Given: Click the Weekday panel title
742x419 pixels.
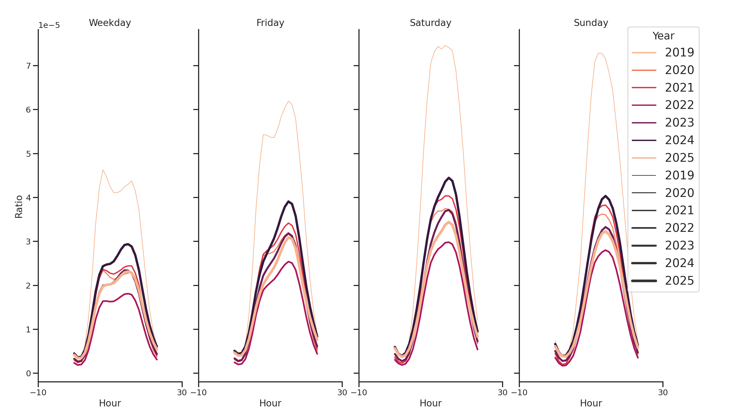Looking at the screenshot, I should coord(110,23).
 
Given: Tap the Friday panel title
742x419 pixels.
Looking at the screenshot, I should coord(270,23).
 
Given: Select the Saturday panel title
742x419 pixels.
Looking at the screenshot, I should coord(430,23).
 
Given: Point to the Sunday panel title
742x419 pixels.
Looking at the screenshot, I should coord(591,23).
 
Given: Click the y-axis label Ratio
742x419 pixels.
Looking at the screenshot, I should coord(19,206).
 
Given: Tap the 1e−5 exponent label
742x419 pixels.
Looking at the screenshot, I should coord(49,25).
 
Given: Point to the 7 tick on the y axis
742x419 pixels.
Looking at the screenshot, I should coord(28,66).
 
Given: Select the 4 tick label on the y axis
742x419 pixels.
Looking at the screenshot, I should coord(28,197).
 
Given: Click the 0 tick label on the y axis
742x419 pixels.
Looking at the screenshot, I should coord(28,373).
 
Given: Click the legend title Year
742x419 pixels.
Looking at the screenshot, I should coord(663,36).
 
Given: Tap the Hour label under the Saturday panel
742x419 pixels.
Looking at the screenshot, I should coord(430,403).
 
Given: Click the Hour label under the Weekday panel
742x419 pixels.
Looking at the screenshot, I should coord(110,403).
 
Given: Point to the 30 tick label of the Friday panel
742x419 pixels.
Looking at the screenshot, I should coord(342,392).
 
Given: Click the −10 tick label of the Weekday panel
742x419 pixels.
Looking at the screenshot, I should coord(38,392).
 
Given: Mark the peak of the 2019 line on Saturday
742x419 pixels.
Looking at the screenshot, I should coord(445,46).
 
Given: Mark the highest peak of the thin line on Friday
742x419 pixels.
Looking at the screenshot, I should coord(288,101).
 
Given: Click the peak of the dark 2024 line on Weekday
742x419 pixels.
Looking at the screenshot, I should coord(128,244).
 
